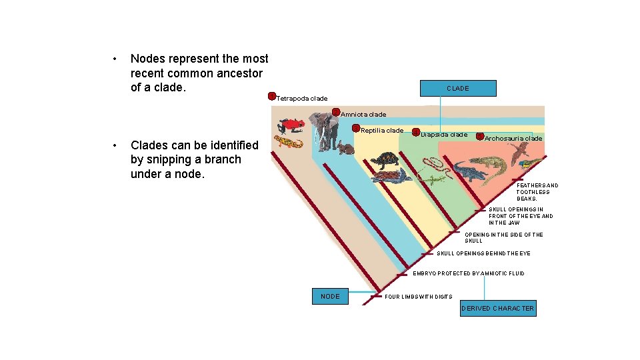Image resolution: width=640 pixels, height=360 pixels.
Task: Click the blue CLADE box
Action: pos(458,88)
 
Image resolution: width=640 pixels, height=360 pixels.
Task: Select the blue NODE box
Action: pos(330,296)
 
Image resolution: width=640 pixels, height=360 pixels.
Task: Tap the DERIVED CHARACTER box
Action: pos(499,308)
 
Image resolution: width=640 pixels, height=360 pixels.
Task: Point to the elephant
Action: pos(327,129)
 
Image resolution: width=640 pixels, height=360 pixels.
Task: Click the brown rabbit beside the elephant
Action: pos(345,148)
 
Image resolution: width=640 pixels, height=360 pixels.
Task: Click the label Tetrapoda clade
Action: pos(302,99)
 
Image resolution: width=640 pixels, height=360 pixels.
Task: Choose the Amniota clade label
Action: pos(363,115)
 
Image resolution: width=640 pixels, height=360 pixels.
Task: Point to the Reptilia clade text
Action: pos(382,131)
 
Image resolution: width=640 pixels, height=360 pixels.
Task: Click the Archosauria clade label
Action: pos(513,139)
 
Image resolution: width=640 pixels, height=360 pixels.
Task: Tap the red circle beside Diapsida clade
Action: pos(416,133)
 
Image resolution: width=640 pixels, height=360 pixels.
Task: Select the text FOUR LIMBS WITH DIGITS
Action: pos(419,297)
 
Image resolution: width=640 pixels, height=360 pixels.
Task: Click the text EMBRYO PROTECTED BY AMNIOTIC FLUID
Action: pos(468,273)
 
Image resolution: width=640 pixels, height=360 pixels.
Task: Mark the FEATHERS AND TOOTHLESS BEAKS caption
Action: pos(537,192)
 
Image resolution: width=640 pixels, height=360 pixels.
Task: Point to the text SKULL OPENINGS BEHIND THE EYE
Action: pos(483,253)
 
